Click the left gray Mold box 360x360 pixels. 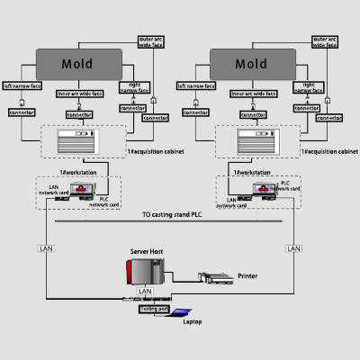click(x=76, y=64)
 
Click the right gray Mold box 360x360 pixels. click(x=250, y=64)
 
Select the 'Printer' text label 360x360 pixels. click(x=248, y=276)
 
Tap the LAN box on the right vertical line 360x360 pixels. click(x=293, y=247)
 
